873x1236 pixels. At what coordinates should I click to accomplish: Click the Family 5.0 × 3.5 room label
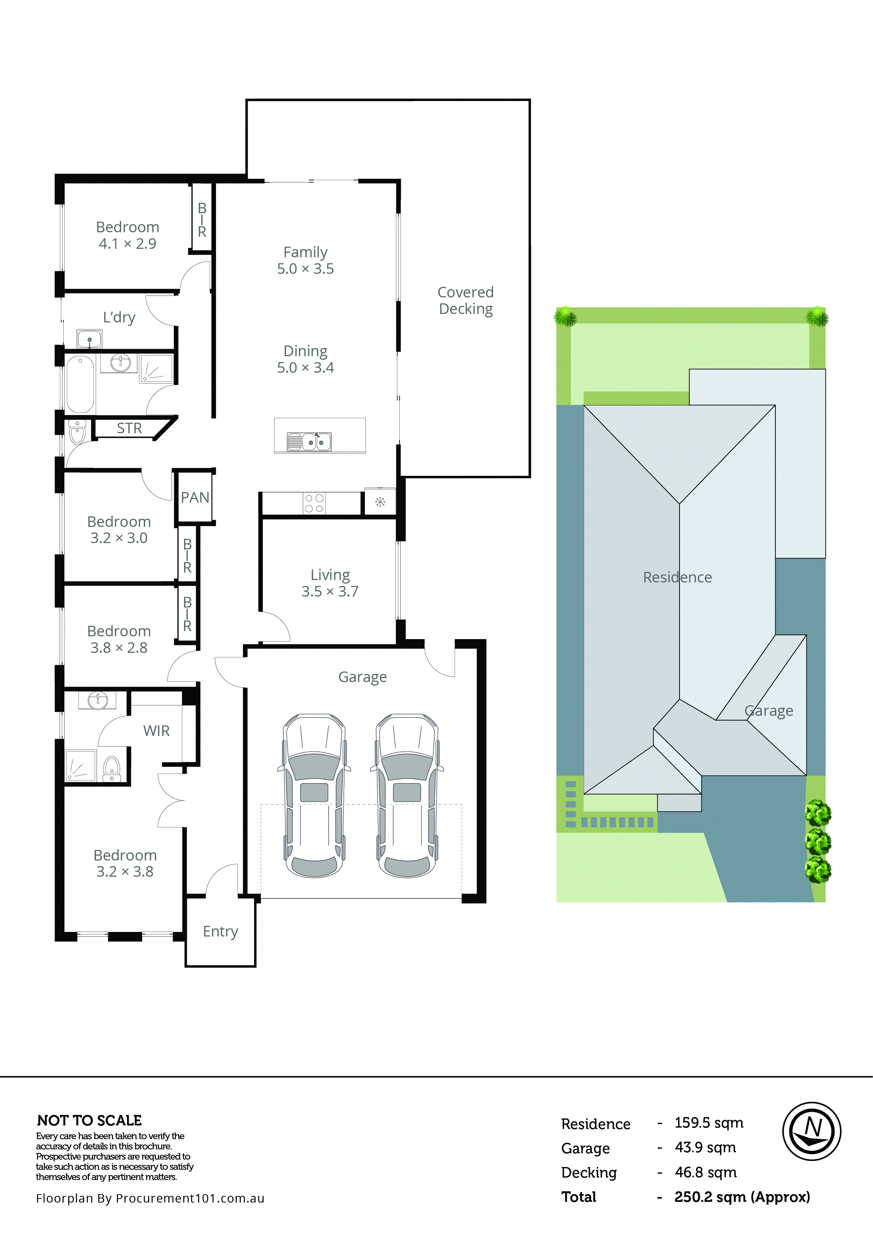click(x=305, y=260)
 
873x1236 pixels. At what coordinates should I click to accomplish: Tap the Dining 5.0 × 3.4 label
click(x=305, y=359)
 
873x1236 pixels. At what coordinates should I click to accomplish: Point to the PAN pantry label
click(x=195, y=497)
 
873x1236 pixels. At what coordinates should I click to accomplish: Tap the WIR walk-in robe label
click(x=156, y=731)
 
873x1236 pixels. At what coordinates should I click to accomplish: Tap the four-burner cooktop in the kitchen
click(x=314, y=503)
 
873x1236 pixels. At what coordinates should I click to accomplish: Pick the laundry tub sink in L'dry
click(x=89, y=339)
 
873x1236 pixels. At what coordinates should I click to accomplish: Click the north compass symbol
click(x=811, y=1131)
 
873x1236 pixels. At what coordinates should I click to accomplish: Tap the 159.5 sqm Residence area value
click(x=708, y=1123)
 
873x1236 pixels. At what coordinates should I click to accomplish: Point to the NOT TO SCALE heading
click(x=89, y=1120)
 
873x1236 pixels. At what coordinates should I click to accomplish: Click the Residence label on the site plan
click(x=677, y=577)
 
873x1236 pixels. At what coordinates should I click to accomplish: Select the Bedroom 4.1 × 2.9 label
click(x=128, y=235)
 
